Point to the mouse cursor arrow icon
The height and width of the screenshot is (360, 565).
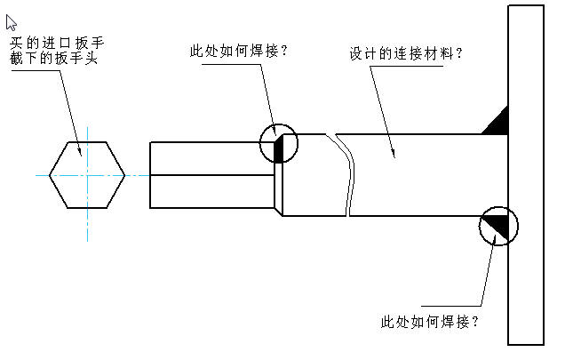[x=12, y=22]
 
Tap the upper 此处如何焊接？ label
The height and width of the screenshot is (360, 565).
[x=237, y=51]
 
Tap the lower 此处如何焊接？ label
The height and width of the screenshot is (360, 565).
[x=429, y=320]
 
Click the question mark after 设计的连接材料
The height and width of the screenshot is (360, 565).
[x=459, y=53]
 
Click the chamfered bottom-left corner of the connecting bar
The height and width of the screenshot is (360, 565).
[x=278, y=211]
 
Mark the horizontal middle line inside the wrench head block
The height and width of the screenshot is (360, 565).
[x=211, y=175]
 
